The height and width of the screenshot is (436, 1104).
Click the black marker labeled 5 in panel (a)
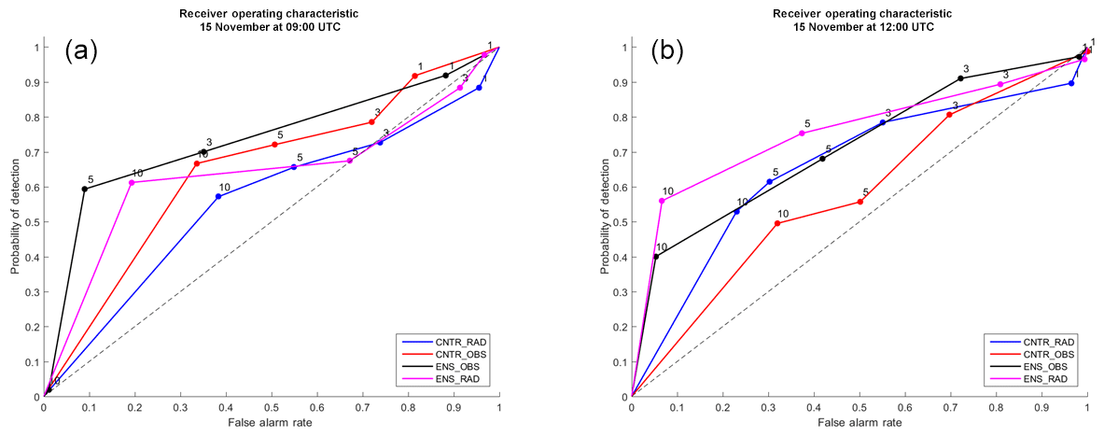click(x=85, y=189)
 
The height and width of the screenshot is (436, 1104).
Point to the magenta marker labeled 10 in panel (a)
click(x=132, y=183)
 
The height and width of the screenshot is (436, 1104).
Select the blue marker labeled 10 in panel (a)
click(x=218, y=197)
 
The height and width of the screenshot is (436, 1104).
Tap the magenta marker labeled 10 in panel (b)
click(x=662, y=201)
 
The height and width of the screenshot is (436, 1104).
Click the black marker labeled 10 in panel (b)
click(x=656, y=257)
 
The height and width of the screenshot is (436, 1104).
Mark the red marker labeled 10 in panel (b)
click(x=777, y=223)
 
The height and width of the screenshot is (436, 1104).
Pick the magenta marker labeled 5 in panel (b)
click(x=802, y=134)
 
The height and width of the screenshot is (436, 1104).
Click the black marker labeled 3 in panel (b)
click(x=960, y=78)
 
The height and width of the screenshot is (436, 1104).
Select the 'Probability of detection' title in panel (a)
click(x=16, y=221)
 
